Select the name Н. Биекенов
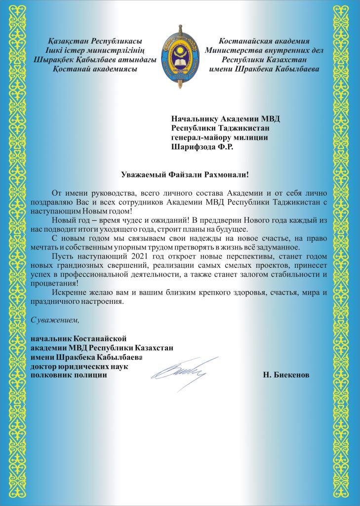coord(286,375)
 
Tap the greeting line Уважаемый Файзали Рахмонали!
coord(185,173)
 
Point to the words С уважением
coord(55,320)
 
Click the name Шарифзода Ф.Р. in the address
coord(202,146)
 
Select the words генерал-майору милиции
coord(219,137)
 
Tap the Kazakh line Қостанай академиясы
coord(94,69)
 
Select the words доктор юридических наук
coord(79,366)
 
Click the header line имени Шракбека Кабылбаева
coord(264,69)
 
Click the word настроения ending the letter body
coord(101,302)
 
